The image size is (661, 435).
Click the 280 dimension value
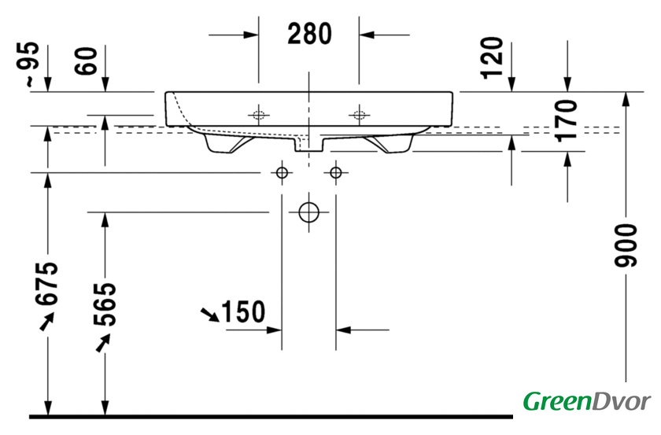(x=309, y=34)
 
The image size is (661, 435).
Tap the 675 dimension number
(x=46, y=283)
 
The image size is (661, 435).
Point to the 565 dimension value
(x=105, y=304)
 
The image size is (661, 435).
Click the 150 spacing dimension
(x=243, y=312)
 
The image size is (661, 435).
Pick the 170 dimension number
(x=566, y=120)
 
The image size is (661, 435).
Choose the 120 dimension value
(x=493, y=57)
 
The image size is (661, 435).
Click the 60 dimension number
(x=86, y=61)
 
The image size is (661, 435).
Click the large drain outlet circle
(x=309, y=212)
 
